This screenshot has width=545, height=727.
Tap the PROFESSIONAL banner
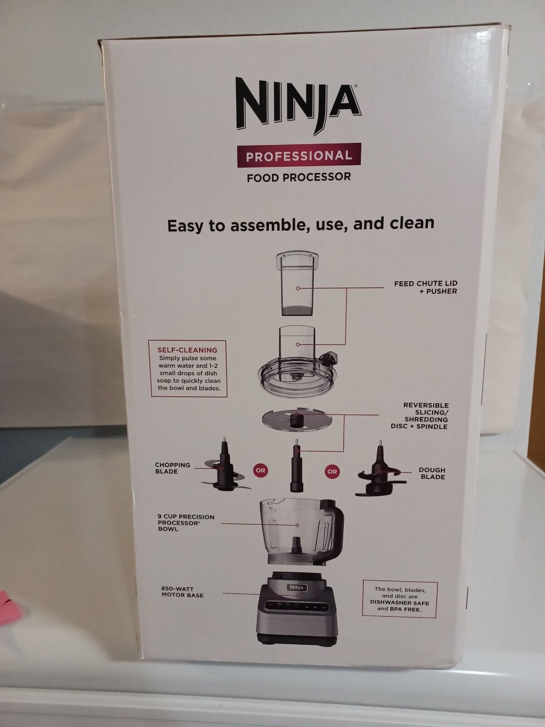click(x=298, y=156)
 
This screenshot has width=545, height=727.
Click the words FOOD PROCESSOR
click(x=298, y=177)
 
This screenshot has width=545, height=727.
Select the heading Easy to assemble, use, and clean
click(x=301, y=224)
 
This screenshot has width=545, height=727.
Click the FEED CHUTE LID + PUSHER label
click(x=425, y=287)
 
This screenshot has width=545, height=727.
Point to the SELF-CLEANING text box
click(x=187, y=369)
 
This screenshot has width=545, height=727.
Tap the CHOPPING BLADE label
click(x=172, y=468)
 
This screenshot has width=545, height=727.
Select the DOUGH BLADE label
click(x=432, y=473)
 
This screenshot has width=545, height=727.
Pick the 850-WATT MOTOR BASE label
click(x=182, y=592)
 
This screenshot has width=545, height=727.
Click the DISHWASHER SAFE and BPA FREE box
click(x=399, y=599)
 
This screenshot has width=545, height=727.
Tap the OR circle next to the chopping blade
click(x=261, y=471)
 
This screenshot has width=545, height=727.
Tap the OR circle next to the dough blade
click(x=332, y=472)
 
